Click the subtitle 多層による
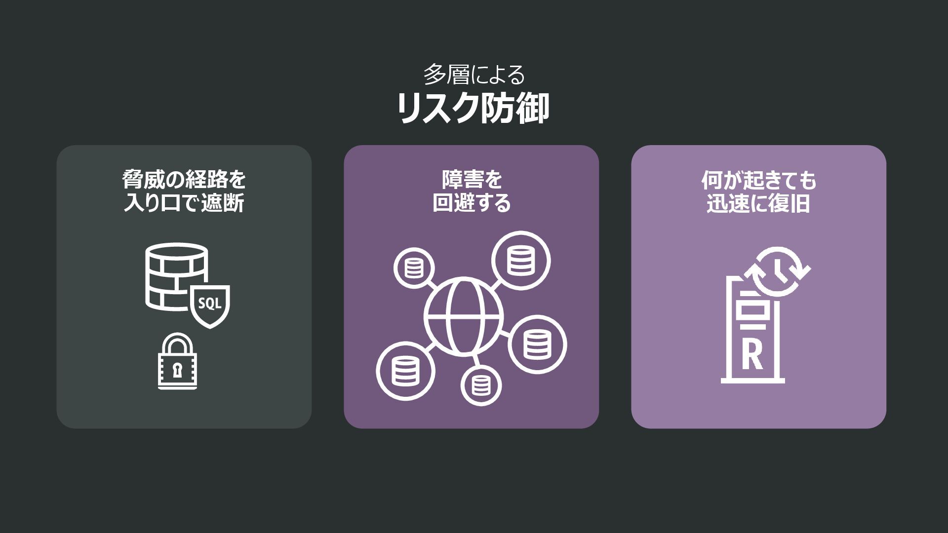474,75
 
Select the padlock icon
177,362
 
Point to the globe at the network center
464,316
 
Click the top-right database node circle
520,261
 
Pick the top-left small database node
414,267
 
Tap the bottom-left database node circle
405,371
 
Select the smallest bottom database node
481,385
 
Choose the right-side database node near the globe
537,344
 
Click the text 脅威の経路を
184,180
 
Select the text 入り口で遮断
184,203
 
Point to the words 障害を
472,180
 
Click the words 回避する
472,203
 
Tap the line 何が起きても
758,181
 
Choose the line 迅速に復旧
758,203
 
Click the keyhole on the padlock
177,369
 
